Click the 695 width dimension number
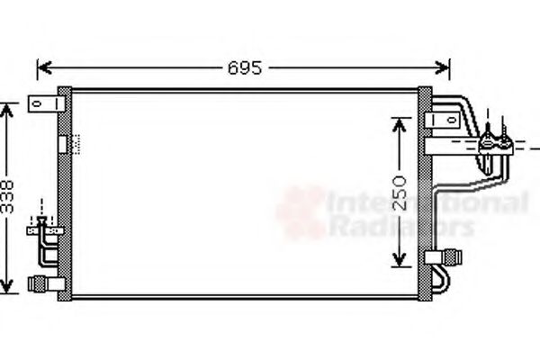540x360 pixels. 244,68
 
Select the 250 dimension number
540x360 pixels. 401,192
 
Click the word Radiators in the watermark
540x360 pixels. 400,227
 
